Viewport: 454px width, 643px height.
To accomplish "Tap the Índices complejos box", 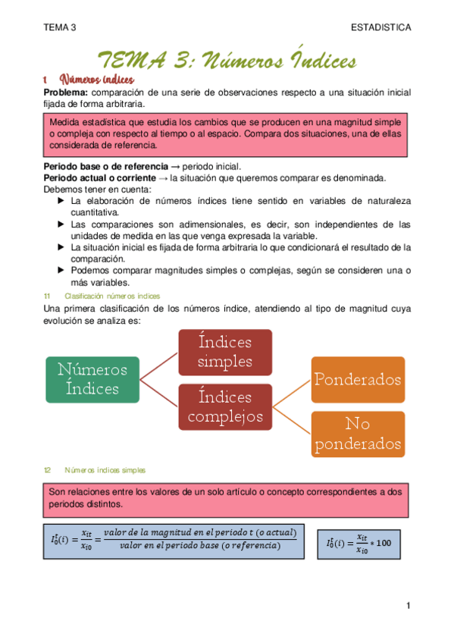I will click(x=224, y=406).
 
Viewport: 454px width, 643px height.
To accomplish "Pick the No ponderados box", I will click(x=358, y=434).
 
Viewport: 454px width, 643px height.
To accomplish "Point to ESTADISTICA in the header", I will click(x=381, y=27).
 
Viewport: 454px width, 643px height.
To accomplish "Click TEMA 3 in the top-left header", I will click(x=60, y=27).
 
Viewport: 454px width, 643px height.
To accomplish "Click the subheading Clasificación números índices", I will click(x=111, y=296).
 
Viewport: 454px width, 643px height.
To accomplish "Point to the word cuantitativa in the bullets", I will click(x=97, y=213).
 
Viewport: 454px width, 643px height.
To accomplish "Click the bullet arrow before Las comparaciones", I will click(x=61, y=224).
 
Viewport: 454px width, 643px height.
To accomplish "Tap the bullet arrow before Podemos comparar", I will click(x=61, y=270).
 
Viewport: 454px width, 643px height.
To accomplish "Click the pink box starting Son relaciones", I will click(x=224, y=498).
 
